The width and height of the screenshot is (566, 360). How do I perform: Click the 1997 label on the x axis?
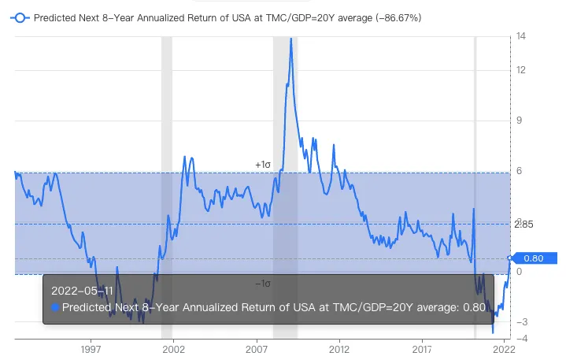90,348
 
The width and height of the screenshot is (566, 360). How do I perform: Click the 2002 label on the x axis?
172,348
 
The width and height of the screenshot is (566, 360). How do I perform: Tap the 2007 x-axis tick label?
257,348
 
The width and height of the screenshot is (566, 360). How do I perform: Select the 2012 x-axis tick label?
339,348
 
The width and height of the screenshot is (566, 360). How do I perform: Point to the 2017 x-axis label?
423,348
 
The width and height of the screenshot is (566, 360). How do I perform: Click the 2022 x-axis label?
504,348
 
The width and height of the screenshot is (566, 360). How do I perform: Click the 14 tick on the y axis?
520,36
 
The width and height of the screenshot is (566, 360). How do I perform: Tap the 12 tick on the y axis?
520,70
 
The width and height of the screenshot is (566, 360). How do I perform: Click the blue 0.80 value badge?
535,258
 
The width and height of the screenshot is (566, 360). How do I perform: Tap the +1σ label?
263,165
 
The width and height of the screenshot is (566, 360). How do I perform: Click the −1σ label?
263,284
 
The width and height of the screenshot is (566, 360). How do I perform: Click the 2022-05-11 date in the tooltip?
76,291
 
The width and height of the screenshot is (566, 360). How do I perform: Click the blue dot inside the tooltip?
55,307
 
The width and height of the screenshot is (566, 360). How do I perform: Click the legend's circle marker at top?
20,17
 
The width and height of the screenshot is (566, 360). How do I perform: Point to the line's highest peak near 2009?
290,39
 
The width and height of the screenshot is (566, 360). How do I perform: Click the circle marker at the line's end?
510,258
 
